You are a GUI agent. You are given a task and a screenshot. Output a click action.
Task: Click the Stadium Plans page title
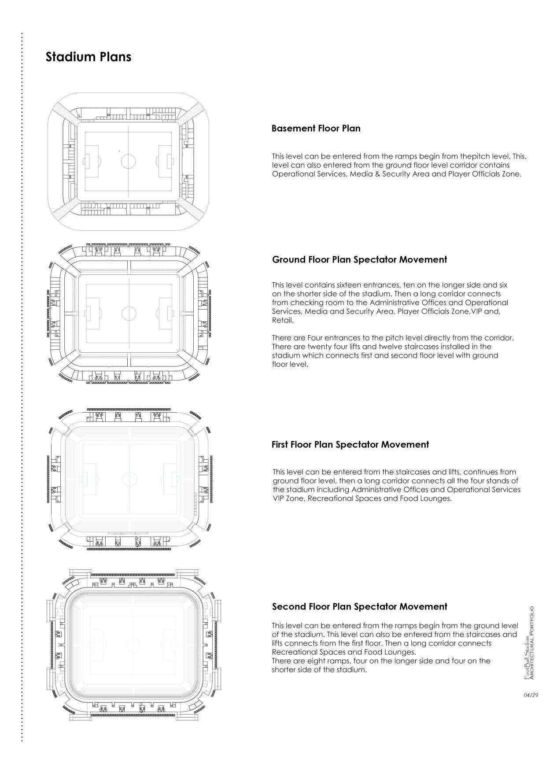(89, 57)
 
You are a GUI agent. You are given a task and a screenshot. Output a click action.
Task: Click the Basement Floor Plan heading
(316, 129)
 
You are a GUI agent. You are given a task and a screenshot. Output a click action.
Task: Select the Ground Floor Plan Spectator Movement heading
(359, 260)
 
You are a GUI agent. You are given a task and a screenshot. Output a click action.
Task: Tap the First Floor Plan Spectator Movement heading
(350, 445)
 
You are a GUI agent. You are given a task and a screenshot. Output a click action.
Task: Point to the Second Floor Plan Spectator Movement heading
(359, 607)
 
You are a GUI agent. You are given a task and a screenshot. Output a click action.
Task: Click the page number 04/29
(531, 695)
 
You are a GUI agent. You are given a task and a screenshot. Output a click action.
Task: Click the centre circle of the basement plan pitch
(128, 161)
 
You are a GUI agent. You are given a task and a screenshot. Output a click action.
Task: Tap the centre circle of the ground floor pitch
(129, 314)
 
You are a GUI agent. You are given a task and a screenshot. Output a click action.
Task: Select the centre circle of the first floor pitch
(129, 478)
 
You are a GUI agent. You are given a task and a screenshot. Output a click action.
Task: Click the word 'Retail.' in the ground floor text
(283, 321)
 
